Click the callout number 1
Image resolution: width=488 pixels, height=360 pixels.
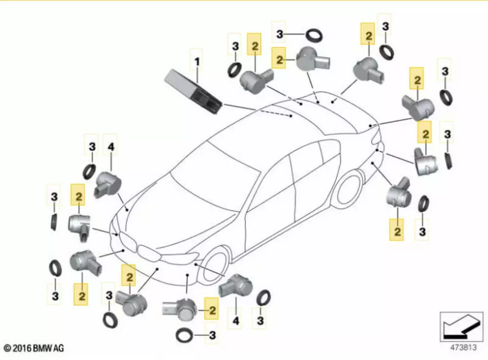197,62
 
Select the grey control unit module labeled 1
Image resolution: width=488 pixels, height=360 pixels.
193,91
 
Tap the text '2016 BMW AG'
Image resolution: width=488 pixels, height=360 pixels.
38,348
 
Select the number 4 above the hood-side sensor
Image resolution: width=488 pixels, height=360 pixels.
111,146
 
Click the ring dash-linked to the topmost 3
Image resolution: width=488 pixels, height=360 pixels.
314,35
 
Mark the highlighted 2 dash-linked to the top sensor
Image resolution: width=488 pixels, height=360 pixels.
280,60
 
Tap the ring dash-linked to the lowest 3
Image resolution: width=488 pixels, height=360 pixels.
185,335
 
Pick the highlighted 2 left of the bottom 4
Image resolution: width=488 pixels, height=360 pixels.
212,309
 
